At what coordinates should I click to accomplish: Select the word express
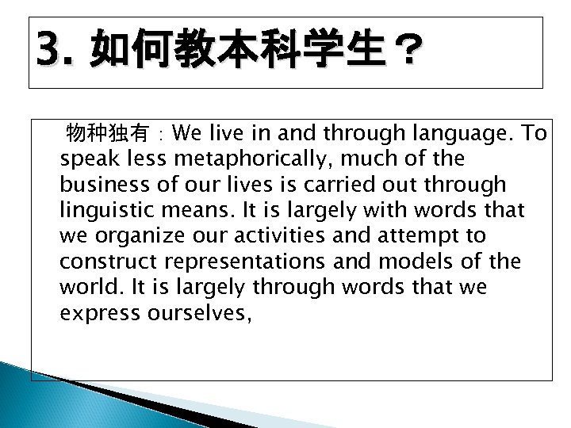pos(94,313)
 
